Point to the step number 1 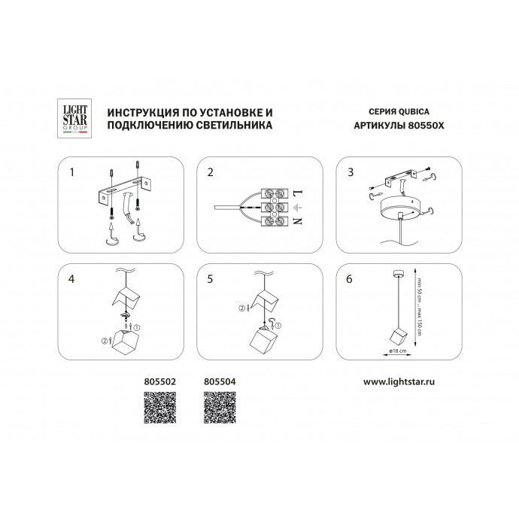(71, 172)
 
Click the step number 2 (211, 172)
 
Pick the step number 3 (349, 172)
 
